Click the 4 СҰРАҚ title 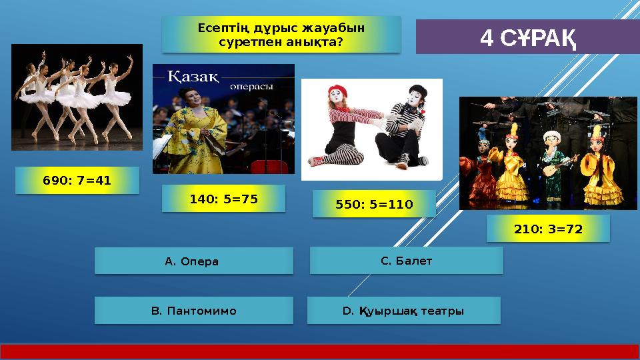coord(527,37)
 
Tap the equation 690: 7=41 coord(77,180)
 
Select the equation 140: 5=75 coord(223,199)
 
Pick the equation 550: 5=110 coord(373,203)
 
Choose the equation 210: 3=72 coord(548,229)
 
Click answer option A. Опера coord(193,261)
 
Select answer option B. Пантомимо coord(193,311)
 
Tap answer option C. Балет coord(406,261)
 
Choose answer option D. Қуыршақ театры coord(403,311)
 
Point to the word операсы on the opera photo coord(252,86)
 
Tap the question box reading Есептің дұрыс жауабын coord(281,35)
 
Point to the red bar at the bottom coord(320,352)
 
